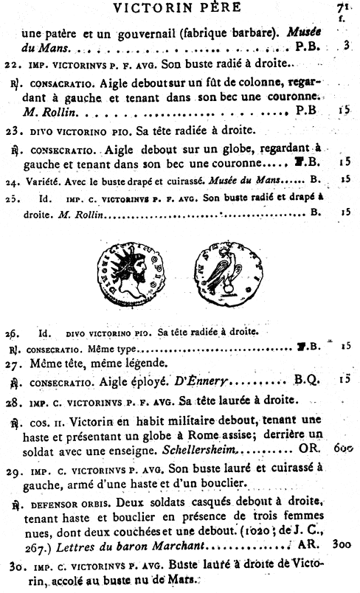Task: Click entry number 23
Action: [x=10, y=131]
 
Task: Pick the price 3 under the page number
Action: [x=346, y=46]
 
